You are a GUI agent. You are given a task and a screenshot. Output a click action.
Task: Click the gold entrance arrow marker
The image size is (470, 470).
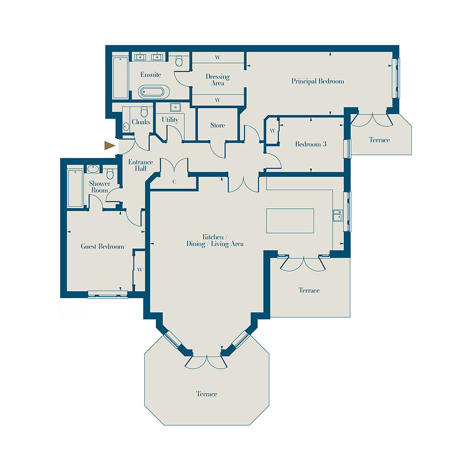click(x=109, y=146)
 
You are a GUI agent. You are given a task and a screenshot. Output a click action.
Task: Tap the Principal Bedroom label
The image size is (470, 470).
click(x=318, y=81)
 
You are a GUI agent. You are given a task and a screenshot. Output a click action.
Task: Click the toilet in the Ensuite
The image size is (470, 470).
click(x=179, y=61)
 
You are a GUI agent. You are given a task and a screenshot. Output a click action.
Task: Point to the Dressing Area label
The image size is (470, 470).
click(x=218, y=80)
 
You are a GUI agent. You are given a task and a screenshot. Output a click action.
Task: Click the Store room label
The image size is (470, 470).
click(x=218, y=125)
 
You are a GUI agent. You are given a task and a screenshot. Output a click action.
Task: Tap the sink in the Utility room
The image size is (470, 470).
click(x=174, y=107)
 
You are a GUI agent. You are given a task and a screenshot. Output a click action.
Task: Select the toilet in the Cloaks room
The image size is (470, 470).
click(x=144, y=112)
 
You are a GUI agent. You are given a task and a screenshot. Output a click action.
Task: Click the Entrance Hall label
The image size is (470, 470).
click(x=140, y=165)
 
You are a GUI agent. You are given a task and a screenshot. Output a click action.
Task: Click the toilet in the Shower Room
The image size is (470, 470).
click(x=110, y=173)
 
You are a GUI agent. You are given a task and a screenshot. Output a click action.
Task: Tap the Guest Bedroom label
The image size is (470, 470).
click(x=103, y=246)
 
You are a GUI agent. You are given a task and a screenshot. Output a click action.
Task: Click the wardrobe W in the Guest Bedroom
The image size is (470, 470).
click(x=139, y=270)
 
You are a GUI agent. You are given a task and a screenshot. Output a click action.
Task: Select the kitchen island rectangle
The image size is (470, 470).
click(x=290, y=221)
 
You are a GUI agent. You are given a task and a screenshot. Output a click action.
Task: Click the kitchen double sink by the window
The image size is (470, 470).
click(x=337, y=215)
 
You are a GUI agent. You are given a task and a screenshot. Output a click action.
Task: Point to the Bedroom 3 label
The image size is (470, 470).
click(x=310, y=144)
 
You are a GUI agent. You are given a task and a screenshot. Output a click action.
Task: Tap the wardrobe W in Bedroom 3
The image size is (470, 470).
click(x=272, y=131)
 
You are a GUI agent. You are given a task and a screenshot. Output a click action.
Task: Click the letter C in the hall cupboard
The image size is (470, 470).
click(x=174, y=182)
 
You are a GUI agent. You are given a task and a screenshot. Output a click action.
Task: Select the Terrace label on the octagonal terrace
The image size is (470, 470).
click(x=206, y=394)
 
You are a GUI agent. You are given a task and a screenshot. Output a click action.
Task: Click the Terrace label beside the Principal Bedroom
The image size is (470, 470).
click(x=379, y=139)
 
